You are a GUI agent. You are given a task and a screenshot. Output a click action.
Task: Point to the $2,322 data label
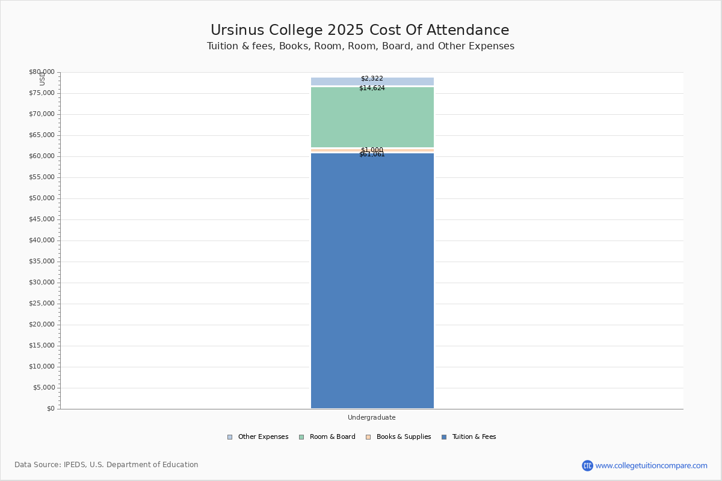click(372, 79)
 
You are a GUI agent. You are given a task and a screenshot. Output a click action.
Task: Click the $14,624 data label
click(372, 88)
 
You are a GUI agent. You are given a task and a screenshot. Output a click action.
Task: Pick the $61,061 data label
click(372, 155)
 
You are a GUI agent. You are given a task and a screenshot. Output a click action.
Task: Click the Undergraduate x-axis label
click(372, 418)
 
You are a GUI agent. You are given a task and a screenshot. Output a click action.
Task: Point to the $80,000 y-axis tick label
click(42, 72)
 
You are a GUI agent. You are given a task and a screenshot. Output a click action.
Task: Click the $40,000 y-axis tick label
click(42, 240)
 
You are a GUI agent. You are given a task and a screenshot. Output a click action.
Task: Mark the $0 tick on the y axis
click(51, 409)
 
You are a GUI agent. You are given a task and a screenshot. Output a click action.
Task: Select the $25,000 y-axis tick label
click(42, 304)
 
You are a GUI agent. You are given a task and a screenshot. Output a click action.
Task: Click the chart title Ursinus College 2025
click(360, 31)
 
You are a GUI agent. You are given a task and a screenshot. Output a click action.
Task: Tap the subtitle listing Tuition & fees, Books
click(360, 46)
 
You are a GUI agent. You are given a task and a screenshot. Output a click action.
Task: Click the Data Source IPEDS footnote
click(106, 465)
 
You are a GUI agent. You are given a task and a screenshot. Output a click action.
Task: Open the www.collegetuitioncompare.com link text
click(651, 465)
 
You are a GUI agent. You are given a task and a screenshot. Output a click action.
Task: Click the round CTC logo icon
click(587, 465)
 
